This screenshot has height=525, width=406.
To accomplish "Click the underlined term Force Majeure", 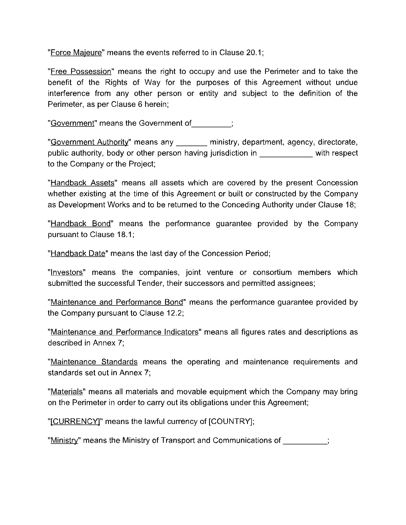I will (x=76, y=52).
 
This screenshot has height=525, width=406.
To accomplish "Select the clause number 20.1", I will (x=254, y=52).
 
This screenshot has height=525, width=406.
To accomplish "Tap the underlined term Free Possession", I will (x=81, y=72).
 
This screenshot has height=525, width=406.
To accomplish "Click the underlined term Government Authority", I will (x=89, y=142).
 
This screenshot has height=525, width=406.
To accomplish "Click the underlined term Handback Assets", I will (x=82, y=183).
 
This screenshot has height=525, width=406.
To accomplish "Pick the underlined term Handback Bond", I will (x=80, y=224).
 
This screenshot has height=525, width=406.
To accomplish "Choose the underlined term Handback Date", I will (x=78, y=253).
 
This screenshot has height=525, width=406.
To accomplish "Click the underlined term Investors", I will (x=67, y=273).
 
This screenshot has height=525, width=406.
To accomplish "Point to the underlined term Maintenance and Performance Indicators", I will (x=124, y=332).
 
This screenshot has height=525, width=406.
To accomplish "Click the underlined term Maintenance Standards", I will (x=94, y=362).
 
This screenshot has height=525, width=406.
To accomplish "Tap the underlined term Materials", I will (x=67, y=392).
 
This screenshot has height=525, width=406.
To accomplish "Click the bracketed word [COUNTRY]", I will (x=230, y=422).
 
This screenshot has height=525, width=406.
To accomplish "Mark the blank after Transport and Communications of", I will (x=305, y=441).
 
